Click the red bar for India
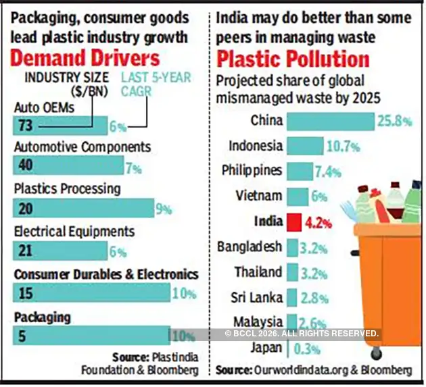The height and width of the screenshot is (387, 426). click(x=293, y=221)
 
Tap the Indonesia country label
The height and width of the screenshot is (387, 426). click(x=255, y=146)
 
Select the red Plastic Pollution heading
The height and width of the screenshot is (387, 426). click(x=293, y=57)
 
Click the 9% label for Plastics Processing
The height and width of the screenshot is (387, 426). click(x=164, y=209)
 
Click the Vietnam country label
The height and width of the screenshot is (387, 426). click(x=258, y=196)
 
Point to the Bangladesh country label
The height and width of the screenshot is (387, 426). click(x=249, y=247)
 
